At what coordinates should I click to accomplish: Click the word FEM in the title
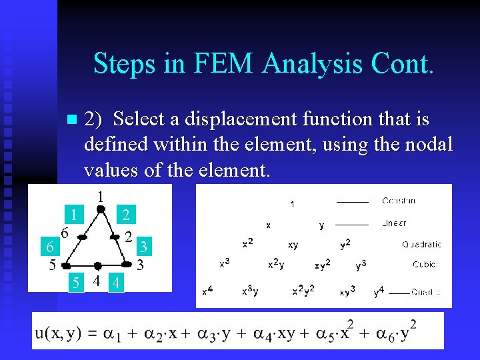pyautogui.click(x=225, y=63)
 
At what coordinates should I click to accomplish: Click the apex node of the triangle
pyautogui.click(x=99, y=209)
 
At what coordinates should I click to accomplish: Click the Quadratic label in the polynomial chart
pyautogui.click(x=421, y=245)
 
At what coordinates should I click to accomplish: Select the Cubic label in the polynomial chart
pyautogui.click(x=424, y=265)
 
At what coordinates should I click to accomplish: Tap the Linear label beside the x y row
pyautogui.click(x=394, y=223)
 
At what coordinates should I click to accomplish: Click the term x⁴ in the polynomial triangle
pyautogui.click(x=208, y=290)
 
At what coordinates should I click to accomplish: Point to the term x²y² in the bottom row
pyautogui.click(x=303, y=290)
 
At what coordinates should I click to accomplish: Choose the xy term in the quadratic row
pyautogui.click(x=293, y=245)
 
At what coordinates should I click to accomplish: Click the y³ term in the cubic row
pyautogui.click(x=361, y=265)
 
